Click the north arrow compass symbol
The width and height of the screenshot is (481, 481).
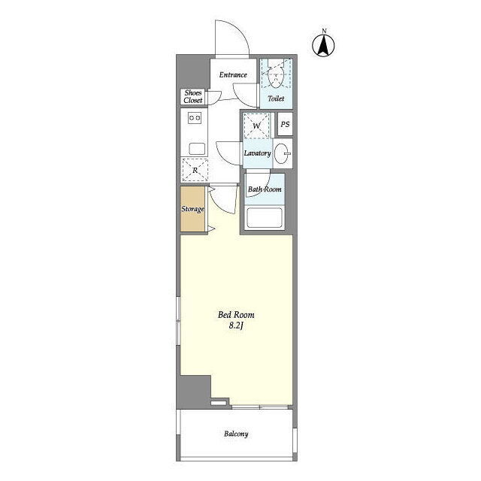(324, 46)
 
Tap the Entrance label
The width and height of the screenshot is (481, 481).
(233, 74)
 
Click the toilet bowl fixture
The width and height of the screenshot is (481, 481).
(276, 74)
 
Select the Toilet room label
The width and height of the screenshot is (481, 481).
(276, 98)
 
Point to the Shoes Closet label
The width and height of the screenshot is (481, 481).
(193, 96)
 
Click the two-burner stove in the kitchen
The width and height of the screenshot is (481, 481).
(195, 118)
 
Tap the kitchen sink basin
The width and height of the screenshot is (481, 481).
(197, 149)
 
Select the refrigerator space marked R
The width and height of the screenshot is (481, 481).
(195, 170)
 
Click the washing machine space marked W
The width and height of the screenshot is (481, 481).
(256, 126)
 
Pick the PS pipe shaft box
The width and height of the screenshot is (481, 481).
(285, 124)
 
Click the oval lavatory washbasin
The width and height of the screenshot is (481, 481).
(282, 153)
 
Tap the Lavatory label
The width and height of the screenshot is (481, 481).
(257, 153)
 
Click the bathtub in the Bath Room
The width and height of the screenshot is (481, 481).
(265, 218)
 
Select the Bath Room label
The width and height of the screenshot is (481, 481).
(265, 189)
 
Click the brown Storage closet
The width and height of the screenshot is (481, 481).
(192, 209)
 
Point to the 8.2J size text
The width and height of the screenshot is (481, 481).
(236, 325)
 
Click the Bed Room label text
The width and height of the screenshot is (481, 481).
(236, 315)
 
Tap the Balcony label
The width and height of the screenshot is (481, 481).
(236, 434)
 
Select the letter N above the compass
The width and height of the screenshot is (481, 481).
(324, 31)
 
